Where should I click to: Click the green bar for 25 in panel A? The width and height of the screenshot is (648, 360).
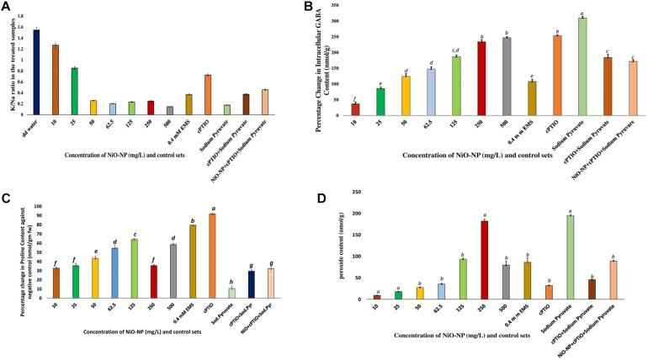tap(74, 92)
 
